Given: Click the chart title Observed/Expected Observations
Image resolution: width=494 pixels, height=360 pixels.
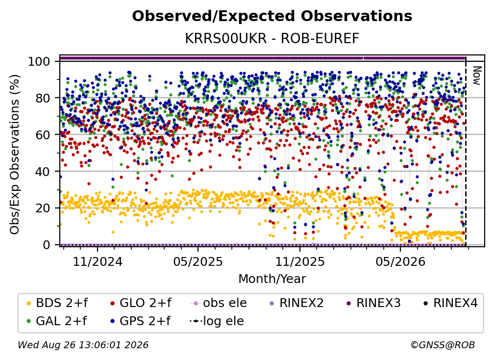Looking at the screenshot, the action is (272, 16).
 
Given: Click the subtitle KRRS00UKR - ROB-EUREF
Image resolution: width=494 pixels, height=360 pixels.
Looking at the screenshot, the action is (272, 38).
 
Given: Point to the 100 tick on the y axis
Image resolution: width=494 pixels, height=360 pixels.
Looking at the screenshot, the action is (39, 61).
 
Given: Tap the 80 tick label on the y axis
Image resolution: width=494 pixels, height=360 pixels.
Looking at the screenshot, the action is (43, 98).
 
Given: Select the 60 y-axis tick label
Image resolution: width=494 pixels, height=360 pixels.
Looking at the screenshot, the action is (43, 134).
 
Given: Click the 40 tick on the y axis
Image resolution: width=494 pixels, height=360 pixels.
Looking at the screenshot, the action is (43, 172).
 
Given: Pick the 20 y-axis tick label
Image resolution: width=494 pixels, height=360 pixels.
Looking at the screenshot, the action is (43, 208).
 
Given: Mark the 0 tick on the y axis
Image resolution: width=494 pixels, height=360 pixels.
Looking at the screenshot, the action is (47, 245).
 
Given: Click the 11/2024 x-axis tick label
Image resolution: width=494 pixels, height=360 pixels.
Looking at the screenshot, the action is (98, 261).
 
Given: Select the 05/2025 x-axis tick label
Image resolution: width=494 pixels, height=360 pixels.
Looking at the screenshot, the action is (198, 261).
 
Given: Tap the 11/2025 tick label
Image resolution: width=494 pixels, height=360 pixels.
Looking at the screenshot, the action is (300, 261).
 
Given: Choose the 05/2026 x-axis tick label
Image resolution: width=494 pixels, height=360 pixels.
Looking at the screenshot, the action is (400, 261).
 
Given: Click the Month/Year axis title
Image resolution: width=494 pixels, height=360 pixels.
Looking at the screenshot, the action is (272, 279).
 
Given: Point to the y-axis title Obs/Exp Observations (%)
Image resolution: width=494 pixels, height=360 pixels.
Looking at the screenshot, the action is (15, 154).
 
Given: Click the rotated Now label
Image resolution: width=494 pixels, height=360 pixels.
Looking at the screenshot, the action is (477, 76).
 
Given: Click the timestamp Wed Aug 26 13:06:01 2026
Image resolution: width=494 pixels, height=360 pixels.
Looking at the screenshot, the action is (83, 345).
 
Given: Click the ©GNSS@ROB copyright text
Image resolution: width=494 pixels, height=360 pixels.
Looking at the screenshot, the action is (443, 345).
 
